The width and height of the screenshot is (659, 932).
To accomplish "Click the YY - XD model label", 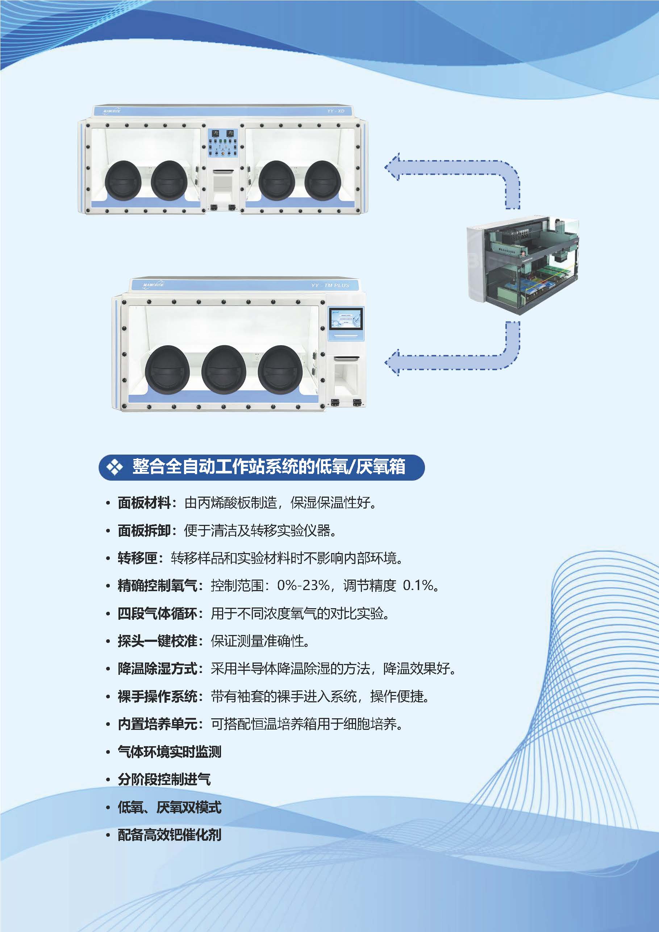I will pyautogui.click(x=335, y=111).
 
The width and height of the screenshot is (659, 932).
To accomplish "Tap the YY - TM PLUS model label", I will pyautogui.click(x=330, y=285).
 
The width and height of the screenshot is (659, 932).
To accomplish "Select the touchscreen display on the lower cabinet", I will pyautogui.click(x=346, y=319).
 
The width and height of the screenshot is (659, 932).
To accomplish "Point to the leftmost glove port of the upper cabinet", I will pyautogui.click(x=123, y=180).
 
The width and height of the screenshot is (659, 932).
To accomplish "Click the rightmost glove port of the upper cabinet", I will pyautogui.click(x=323, y=180).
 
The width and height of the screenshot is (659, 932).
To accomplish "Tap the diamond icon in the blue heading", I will pyautogui.click(x=114, y=467).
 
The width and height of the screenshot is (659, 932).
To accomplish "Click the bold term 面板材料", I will pyautogui.click(x=144, y=503).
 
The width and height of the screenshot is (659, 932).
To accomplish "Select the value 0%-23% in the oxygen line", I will pyautogui.click(x=303, y=585).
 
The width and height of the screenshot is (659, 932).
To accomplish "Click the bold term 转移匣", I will pyautogui.click(x=138, y=558).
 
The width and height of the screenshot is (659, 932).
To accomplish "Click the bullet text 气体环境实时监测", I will pyautogui.click(x=169, y=752).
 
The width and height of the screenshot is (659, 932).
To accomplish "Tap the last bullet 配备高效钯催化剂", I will pyautogui.click(x=169, y=835).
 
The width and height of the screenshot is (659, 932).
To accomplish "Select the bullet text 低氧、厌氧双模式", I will pyautogui.click(x=169, y=807).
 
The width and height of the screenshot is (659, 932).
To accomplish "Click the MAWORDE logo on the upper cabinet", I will pyautogui.click(x=112, y=111).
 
